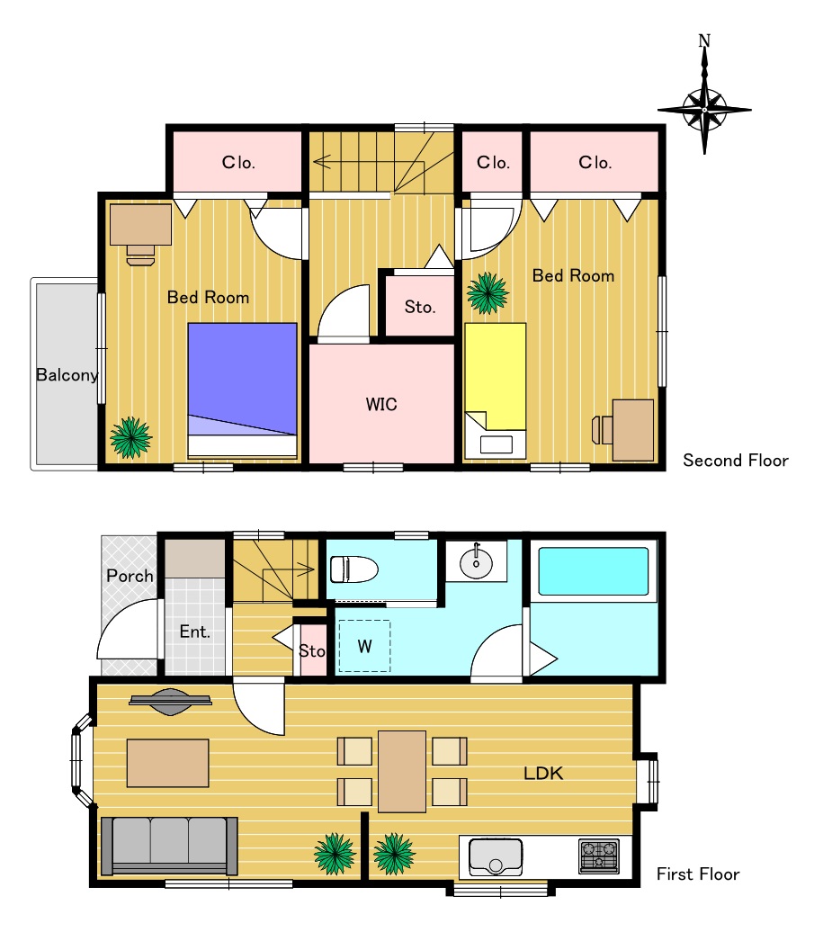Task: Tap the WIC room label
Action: click(381, 404)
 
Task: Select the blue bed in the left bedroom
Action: click(243, 390)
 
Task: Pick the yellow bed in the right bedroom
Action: click(495, 390)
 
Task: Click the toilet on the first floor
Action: click(354, 569)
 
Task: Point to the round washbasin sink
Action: click(476, 560)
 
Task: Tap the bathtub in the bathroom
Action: click(593, 571)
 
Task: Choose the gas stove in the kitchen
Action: click(599, 856)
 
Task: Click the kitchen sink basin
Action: click(496, 856)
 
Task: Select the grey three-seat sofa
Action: click(169, 846)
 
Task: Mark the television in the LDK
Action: click(171, 702)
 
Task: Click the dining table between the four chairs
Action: click(402, 772)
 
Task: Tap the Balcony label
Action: click(67, 375)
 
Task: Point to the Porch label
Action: click(130, 576)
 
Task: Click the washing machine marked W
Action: click(364, 646)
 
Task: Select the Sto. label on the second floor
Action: click(420, 307)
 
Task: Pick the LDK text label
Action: click(543, 773)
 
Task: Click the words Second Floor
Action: click(736, 460)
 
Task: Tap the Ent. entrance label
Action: click(195, 632)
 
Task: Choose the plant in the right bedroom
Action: click(488, 293)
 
